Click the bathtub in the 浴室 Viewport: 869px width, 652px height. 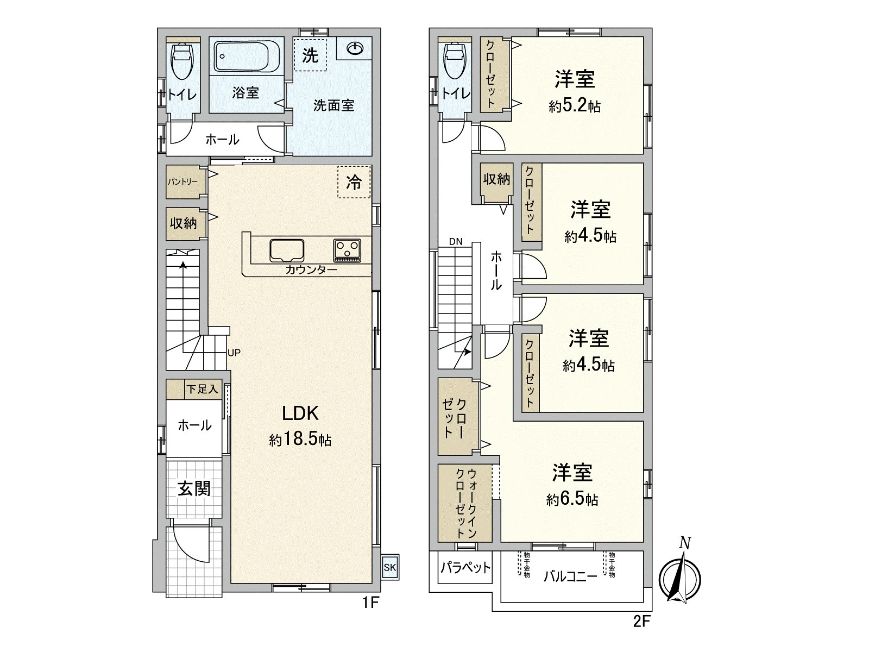tap(247, 57)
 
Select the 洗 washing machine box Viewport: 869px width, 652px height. tap(310, 55)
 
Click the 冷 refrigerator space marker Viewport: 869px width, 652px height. tap(354, 182)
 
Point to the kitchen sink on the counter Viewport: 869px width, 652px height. tap(287, 250)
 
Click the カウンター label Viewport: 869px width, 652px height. tap(311, 269)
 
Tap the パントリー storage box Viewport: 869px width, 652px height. tap(183, 181)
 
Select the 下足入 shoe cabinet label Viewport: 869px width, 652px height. tap(202, 389)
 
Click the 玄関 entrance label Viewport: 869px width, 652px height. tap(194, 489)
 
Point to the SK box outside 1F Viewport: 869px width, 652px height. tap(390, 568)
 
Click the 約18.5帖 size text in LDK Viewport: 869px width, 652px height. tap(300, 440)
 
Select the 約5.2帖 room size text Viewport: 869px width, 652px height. tap(574, 106)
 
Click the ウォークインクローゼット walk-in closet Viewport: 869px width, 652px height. tap(465, 503)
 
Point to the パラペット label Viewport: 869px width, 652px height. tap(465, 568)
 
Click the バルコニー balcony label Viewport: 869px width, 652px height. tap(570, 577)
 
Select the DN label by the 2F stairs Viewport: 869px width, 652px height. tap(456, 242)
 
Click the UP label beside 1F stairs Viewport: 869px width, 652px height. tap(234, 353)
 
